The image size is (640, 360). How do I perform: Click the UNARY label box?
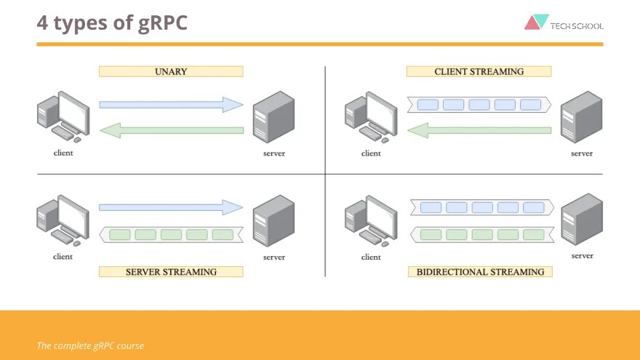coord(171,71)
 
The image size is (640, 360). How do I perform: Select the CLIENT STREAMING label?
coord(479,71)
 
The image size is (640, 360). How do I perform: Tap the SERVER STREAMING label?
coord(171,271)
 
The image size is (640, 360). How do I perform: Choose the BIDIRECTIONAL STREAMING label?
coord(480,271)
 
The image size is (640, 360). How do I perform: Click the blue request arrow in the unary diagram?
coord(171,105)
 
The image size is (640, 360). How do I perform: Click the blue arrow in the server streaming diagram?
coord(171,207)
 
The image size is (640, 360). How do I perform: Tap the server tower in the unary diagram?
coord(273,116)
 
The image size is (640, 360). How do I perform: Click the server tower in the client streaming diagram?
coord(581,116)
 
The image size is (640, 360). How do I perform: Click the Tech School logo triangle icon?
coord(536,22)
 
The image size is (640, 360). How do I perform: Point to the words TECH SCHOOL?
coord(577,26)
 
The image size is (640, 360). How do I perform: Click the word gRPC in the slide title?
coord(162,23)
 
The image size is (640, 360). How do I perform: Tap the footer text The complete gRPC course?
coord(90,345)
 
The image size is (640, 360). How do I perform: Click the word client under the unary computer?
coord(63,153)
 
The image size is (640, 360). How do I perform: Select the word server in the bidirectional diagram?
coord(582,256)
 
